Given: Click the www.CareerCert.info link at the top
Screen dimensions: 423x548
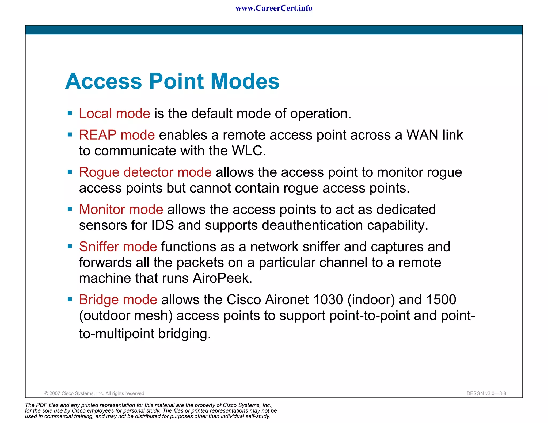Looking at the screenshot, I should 274,8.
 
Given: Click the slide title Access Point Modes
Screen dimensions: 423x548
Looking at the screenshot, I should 172,81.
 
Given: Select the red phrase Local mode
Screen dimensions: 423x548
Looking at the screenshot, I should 115,114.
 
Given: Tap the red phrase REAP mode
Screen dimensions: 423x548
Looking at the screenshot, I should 117,135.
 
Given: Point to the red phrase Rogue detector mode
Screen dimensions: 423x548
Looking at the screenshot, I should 145,172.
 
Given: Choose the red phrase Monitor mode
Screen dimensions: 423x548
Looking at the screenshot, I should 121,209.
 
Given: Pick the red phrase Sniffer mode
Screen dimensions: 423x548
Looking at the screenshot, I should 118,247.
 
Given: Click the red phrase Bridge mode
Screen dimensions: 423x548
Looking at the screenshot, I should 118,300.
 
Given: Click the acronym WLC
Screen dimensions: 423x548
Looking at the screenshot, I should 249,151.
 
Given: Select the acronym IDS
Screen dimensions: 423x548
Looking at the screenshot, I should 162,225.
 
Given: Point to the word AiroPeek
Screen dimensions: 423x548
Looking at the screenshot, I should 222,278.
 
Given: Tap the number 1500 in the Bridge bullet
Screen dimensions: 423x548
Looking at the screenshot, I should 441,300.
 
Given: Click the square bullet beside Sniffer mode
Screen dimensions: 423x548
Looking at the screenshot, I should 70,246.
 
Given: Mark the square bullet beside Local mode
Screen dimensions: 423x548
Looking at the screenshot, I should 70,113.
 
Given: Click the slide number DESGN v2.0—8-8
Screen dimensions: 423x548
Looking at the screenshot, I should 486,393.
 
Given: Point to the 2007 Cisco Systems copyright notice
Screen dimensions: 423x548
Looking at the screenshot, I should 95,393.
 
